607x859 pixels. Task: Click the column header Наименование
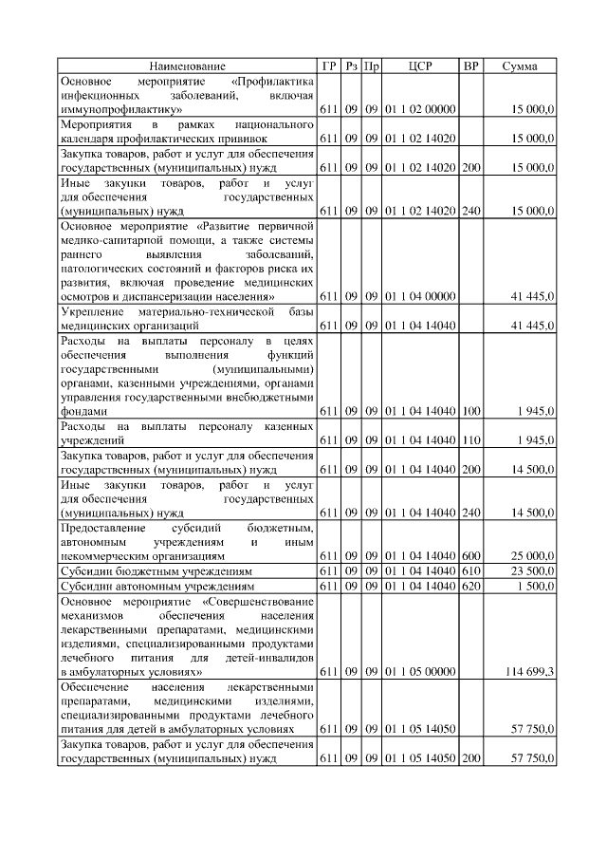(x=187, y=66)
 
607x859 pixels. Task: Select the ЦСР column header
(x=420, y=66)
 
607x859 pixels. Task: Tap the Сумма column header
(x=520, y=66)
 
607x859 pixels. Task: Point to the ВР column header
(x=470, y=66)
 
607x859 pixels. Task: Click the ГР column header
(x=329, y=66)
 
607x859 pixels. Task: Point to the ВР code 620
(x=470, y=587)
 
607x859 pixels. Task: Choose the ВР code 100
(x=470, y=411)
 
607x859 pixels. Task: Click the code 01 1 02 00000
(x=420, y=110)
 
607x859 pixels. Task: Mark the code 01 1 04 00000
(x=420, y=297)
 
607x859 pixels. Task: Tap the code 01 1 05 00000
(x=420, y=672)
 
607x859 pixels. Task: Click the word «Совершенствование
(x=258, y=601)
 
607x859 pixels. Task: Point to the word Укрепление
(x=90, y=311)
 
